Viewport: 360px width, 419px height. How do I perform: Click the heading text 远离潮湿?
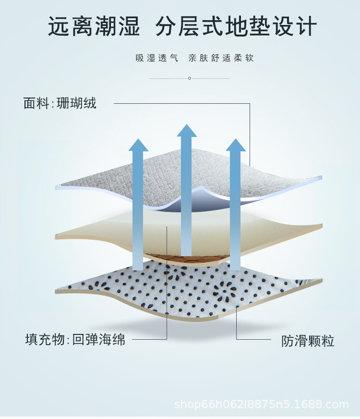pos(94,27)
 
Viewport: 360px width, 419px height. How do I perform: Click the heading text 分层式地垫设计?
pos(236,27)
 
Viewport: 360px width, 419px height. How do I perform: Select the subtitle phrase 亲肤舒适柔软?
pos(221,58)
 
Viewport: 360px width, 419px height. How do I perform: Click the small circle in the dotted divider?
pos(190,78)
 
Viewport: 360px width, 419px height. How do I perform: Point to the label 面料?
pos(36,103)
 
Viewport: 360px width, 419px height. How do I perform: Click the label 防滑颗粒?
pos(308,341)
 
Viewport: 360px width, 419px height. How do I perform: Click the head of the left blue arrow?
pos(139,145)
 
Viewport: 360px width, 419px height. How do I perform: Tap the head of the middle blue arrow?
pos(187,130)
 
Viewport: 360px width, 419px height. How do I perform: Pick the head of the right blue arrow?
pos(236,145)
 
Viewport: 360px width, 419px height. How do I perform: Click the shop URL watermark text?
pos(261,404)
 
